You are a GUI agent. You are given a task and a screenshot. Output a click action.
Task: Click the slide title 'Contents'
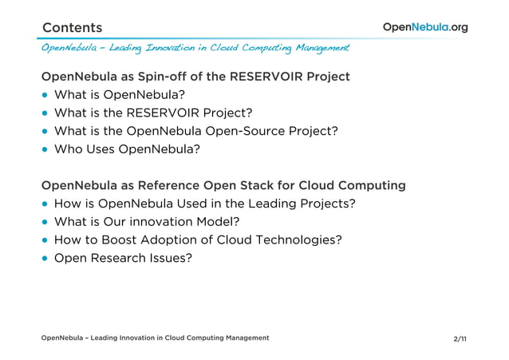(72, 28)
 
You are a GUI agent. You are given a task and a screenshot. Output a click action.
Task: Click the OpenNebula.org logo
(424, 27)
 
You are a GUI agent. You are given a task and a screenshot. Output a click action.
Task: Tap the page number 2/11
(460, 339)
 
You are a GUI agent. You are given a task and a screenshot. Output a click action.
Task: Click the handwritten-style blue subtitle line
(195, 49)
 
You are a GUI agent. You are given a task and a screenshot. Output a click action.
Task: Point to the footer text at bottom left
(155, 338)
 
